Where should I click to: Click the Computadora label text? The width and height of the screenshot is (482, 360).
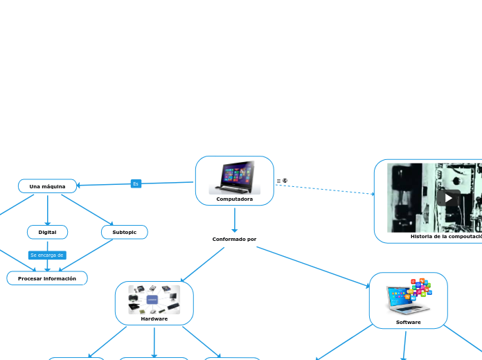[234, 199]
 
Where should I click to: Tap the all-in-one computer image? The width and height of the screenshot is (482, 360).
[234, 177]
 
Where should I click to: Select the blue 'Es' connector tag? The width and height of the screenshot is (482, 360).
[136, 183]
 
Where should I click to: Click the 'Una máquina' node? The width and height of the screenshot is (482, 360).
[47, 186]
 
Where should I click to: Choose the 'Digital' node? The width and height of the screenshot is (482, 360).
[47, 232]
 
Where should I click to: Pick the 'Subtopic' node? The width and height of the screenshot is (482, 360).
[124, 232]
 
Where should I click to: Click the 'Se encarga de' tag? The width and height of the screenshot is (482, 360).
[47, 255]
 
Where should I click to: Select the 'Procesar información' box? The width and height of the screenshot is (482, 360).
[47, 278]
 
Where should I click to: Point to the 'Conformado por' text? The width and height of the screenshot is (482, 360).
[234, 239]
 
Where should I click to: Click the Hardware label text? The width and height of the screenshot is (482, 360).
[154, 318]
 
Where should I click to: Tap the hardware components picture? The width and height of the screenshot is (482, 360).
[154, 299]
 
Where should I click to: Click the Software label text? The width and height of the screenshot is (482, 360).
[408, 322]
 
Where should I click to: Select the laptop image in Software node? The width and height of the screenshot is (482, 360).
[408, 297]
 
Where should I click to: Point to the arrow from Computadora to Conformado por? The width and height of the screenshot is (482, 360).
[235, 219]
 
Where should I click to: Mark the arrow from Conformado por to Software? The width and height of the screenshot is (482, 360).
[312, 266]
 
